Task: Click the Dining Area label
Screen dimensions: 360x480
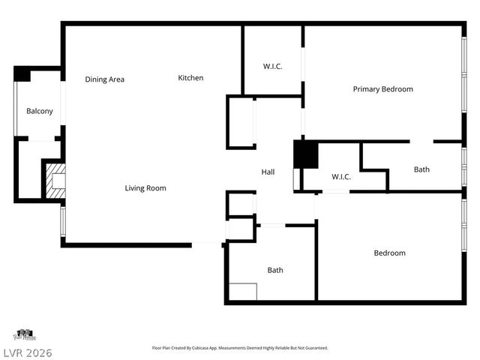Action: point(104,79)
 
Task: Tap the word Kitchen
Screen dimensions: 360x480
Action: point(190,78)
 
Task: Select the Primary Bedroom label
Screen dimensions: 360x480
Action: point(382,89)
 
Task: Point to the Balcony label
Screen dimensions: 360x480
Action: point(40,111)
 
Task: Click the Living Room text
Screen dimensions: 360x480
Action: point(145,188)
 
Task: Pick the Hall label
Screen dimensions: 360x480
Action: point(268,172)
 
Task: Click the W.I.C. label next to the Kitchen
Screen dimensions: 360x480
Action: point(272,67)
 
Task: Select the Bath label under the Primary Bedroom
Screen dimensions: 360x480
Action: point(421,169)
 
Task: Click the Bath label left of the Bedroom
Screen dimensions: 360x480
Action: point(275,270)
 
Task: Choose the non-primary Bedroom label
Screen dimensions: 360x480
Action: point(389,253)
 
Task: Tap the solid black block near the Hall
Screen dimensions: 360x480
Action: point(305,154)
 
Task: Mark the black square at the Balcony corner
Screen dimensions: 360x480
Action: point(22,74)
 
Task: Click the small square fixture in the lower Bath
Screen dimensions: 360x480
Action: point(242,292)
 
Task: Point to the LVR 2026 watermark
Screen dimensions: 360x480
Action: point(26,352)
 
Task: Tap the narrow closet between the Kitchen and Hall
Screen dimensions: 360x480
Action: point(241,122)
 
